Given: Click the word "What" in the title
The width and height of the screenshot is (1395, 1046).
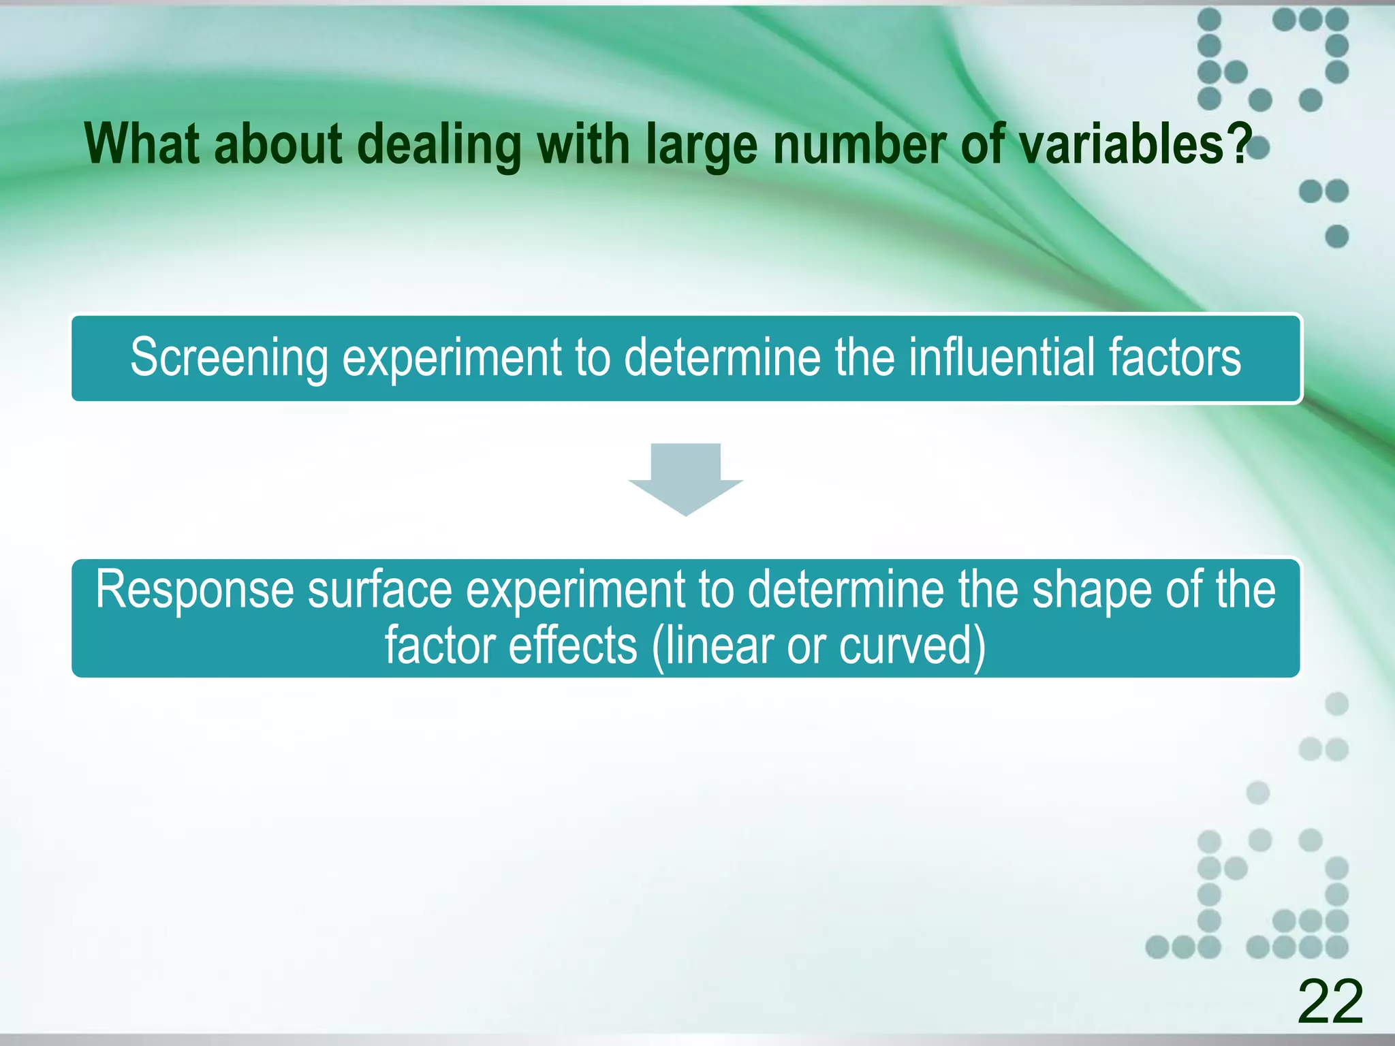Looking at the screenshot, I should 142,144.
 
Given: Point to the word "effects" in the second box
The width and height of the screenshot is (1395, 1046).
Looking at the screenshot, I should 573,645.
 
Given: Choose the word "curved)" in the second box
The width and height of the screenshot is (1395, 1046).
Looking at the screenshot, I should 912,646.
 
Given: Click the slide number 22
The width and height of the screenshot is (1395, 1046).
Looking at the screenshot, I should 1330,1001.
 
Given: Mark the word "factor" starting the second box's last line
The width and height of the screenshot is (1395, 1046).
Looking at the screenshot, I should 439,645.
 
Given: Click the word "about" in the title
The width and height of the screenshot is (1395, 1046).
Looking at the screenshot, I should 278,144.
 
